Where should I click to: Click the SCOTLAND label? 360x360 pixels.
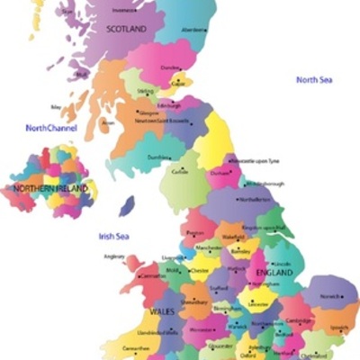pyautogui.click(x=125, y=29)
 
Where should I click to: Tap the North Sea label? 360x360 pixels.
pyautogui.click(x=315, y=80)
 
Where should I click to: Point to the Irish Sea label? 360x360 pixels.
pyautogui.click(x=115, y=236)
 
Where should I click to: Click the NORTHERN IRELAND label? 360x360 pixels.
pyautogui.click(x=50, y=189)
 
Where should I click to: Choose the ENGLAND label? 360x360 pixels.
pyautogui.click(x=276, y=272)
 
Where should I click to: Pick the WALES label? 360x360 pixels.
pyautogui.click(x=163, y=310)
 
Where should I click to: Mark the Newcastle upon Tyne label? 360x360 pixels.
pyautogui.click(x=255, y=160)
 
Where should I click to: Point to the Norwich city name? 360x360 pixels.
pyautogui.click(x=327, y=296)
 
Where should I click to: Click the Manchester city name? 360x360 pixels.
pyautogui.click(x=210, y=247)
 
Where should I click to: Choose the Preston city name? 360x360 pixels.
pyautogui.click(x=195, y=231)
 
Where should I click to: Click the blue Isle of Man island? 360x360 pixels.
pyautogui.click(x=127, y=206)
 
